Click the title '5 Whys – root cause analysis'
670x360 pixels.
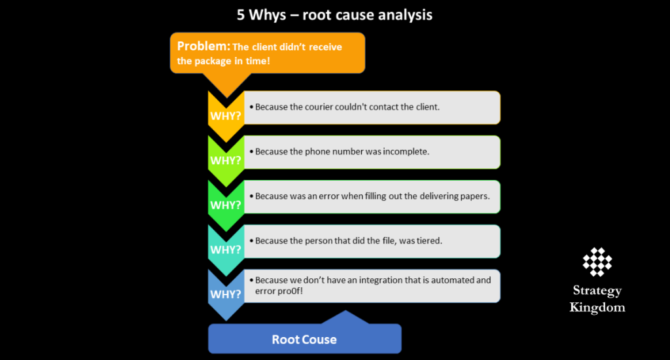pyautogui.click(x=334, y=14)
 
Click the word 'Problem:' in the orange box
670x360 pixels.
pyautogui.click(x=203, y=46)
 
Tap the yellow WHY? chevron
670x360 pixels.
pyautogui.click(x=225, y=115)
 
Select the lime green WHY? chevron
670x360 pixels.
pyautogui.click(x=225, y=160)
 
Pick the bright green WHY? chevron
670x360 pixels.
pyautogui.click(x=225, y=204)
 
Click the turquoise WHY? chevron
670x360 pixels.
pyautogui.click(x=225, y=249)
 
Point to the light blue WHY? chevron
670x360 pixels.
pyautogui.click(x=225, y=293)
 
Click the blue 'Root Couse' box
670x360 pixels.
pyautogui.click(x=304, y=340)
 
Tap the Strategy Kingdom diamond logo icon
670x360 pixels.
pyautogui.click(x=597, y=262)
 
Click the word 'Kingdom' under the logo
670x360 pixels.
pyautogui.click(x=597, y=307)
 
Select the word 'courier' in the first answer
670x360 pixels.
pyautogui.click(x=319, y=107)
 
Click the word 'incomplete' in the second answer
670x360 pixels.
pyautogui.click(x=407, y=151)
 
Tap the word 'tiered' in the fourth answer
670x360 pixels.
pyautogui.click(x=429, y=240)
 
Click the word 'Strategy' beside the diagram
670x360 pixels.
pyautogui.click(x=597, y=291)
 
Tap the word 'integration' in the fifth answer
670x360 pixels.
pyautogui.click(x=368, y=279)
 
